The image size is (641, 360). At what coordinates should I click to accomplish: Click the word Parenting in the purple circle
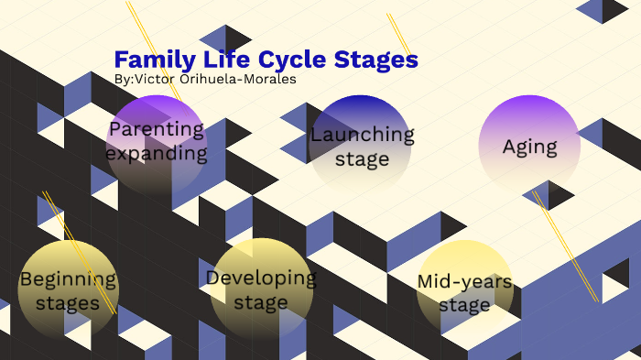[156, 129]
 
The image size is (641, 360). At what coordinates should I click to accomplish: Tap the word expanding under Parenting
[156, 152]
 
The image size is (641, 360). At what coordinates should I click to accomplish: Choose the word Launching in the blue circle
[362, 135]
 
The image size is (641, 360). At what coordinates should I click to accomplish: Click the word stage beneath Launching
[362, 158]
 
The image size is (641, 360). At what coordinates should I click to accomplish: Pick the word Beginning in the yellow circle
[69, 278]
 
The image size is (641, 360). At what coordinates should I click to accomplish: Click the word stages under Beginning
[69, 302]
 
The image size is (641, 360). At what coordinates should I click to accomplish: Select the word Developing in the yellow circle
[261, 278]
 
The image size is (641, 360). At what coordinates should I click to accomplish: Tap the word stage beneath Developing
[261, 301]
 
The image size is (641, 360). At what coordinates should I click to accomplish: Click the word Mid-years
[464, 280]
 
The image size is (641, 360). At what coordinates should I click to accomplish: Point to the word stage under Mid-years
[464, 304]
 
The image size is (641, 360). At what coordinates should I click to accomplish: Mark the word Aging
[529, 146]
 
